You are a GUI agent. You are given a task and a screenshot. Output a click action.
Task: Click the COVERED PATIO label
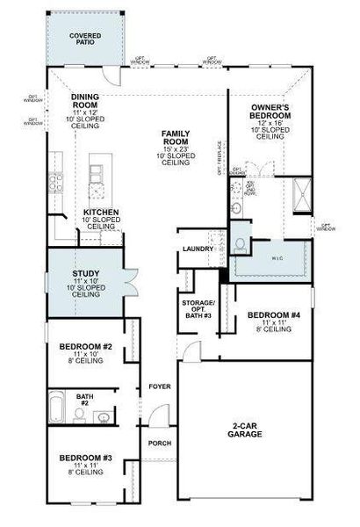tap(86, 40)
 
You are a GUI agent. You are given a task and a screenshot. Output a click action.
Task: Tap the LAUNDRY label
tap(192, 249)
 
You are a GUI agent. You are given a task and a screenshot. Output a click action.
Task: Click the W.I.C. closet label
tap(277, 259)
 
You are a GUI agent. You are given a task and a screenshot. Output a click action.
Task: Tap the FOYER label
tap(159, 384)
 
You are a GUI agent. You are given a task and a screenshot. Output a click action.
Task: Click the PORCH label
tap(159, 444)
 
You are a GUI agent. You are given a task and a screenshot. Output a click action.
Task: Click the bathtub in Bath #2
tap(57, 408)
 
